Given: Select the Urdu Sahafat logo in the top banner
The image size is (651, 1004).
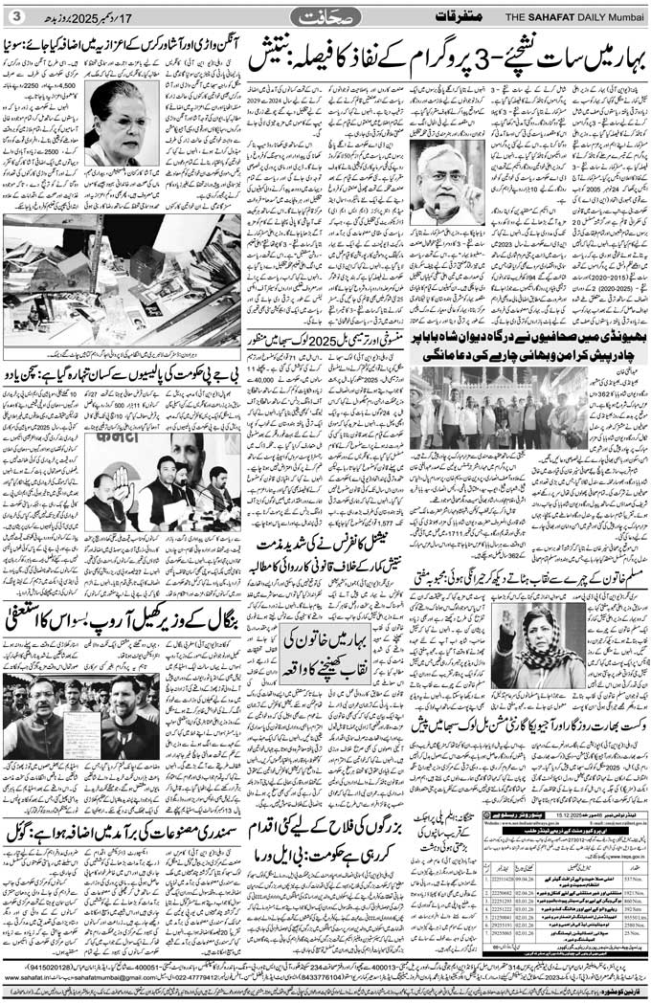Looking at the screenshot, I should click(325, 15).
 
